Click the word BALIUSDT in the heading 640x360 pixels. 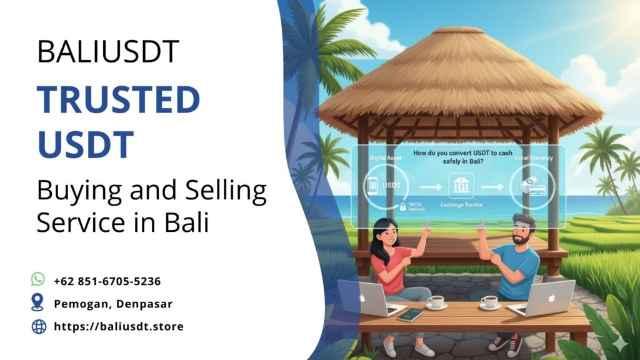108,51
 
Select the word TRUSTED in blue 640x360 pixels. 118,99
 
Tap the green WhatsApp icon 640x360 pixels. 38,279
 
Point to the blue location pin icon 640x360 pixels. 38,302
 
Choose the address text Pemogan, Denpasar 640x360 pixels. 113,304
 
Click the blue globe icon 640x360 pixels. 38,326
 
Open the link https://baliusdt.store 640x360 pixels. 119,326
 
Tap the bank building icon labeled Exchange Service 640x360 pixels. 460,186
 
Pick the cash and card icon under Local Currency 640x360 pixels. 530,186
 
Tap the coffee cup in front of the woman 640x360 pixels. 436,302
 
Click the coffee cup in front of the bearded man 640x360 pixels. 489,302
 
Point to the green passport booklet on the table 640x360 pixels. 410,314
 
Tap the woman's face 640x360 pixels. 388,236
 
